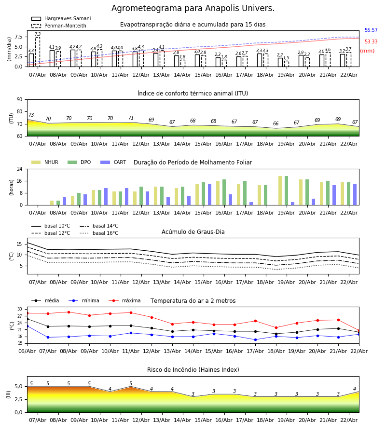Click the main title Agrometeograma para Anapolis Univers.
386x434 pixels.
[x=193, y=9]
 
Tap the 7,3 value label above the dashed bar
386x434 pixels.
[x=38, y=35]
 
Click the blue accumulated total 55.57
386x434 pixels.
[x=371, y=30]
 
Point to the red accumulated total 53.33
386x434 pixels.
[x=371, y=42]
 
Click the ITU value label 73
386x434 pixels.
[x=31, y=116]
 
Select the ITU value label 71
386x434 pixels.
[x=131, y=118]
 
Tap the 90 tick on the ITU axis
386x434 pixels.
[x=19, y=100]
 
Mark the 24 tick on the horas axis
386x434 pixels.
[x=19, y=169]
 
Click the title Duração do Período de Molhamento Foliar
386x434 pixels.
[x=193, y=163]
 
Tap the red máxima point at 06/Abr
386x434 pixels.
[x=27, y=313]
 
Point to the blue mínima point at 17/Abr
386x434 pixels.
[x=255, y=339]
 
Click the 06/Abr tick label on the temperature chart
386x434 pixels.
[x=27, y=351]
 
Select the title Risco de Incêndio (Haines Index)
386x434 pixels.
[x=193, y=370]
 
